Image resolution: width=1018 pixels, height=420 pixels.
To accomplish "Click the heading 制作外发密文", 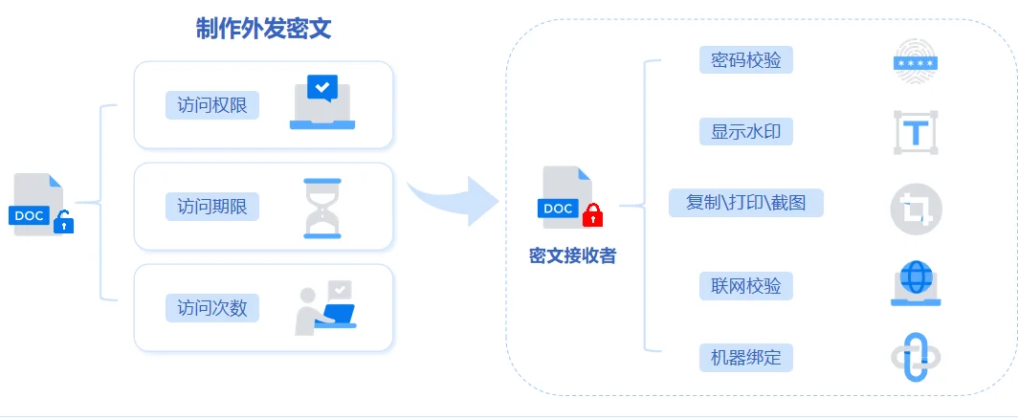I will pos(263,29).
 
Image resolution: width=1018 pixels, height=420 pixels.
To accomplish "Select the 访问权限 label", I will pos(212,105).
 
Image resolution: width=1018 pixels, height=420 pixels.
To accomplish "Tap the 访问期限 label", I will pos(212,206).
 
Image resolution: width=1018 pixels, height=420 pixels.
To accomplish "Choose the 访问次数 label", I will pos(212,307).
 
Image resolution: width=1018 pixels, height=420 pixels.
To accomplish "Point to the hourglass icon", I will pos(321,208).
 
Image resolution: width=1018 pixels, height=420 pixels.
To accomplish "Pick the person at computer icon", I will pos(324,308).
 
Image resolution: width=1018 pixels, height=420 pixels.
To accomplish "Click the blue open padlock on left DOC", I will pos(63,223).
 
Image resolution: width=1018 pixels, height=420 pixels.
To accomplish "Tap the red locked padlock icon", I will pos(593,215).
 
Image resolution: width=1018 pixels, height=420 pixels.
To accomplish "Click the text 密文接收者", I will pos(572,255).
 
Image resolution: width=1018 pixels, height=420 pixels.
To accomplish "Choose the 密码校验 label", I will pos(746,60).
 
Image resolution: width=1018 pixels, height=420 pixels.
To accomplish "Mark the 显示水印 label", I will pos(746,131).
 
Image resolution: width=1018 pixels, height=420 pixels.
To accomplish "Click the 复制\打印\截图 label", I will pos(746,203).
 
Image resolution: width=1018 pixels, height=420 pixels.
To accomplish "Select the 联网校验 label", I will pos(746,286).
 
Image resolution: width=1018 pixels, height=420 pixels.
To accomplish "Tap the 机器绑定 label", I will pos(746,359).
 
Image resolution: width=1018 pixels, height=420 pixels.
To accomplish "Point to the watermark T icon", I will pos(916,133).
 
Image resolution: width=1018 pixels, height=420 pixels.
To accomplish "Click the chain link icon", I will pos(916,359).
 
